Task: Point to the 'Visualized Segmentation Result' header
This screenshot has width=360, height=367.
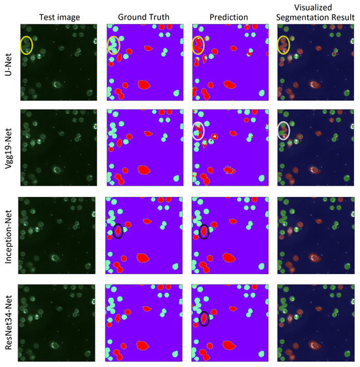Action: click(x=316, y=12)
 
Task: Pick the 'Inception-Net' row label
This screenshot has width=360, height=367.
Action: click(x=8, y=233)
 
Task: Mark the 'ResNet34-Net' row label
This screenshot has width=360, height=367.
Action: click(x=8, y=320)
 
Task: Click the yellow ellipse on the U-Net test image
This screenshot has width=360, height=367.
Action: click(x=26, y=45)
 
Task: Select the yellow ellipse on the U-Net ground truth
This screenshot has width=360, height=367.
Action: click(x=113, y=45)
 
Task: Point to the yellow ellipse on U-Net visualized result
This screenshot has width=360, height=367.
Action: click(x=283, y=44)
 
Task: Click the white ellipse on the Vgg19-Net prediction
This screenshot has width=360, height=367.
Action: click(x=198, y=131)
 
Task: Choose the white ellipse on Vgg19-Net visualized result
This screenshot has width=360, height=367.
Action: click(x=283, y=130)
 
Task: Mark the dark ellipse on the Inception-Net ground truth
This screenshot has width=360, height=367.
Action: click(x=118, y=231)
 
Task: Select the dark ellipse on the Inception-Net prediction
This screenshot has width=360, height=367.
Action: click(x=204, y=231)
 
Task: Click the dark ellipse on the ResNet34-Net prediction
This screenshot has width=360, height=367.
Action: click(x=204, y=319)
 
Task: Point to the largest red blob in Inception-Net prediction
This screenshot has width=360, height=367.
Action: click(x=229, y=257)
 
